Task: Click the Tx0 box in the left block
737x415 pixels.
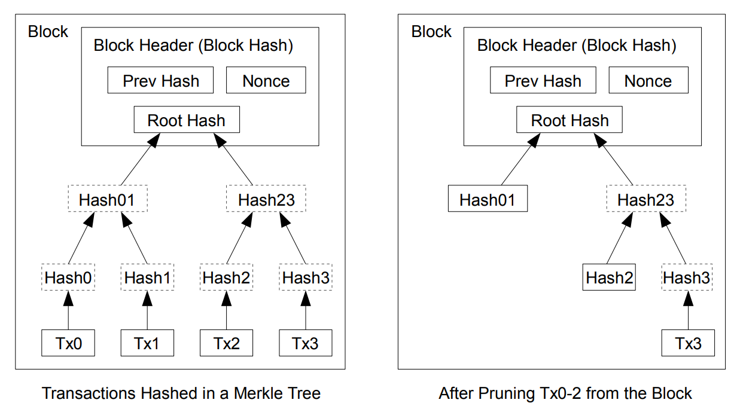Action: (x=68, y=343)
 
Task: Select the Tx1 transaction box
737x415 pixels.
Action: (x=147, y=343)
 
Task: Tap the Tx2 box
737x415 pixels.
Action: (x=226, y=343)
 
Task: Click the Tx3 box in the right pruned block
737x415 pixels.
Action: (x=688, y=343)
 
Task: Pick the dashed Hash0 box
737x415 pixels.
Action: (x=68, y=278)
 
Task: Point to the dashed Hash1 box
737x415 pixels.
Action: (x=147, y=278)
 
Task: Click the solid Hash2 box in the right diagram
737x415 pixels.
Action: (x=608, y=278)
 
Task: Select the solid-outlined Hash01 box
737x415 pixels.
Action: (x=487, y=200)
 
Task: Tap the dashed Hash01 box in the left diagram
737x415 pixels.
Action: (x=107, y=200)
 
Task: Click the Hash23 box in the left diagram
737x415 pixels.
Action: (x=266, y=200)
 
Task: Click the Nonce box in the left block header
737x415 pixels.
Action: (x=266, y=81)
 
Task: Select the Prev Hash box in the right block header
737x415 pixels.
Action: (x=543, y=81)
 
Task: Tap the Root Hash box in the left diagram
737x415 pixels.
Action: (x=186, y=120)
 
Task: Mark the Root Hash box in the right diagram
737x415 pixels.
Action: (x=569, y=120)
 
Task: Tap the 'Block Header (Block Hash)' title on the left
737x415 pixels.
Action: (x=193, y=45)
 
